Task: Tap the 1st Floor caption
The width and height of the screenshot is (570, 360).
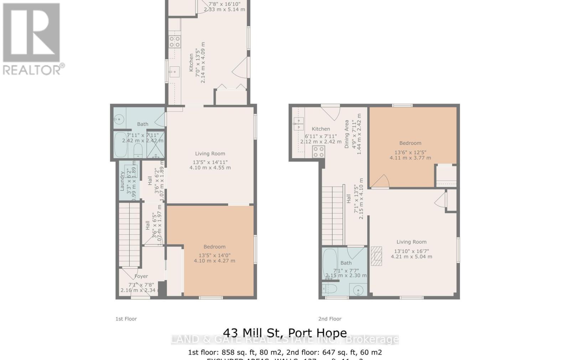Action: (126, 319)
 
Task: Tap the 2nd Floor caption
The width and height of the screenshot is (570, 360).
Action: (330, 319)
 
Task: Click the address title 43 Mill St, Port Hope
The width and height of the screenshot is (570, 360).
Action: (285, 333)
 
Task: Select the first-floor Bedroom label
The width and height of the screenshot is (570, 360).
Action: (214, 247)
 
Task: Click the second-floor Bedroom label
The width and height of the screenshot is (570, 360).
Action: (410, 143)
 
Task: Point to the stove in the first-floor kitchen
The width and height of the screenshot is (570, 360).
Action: (175, 42)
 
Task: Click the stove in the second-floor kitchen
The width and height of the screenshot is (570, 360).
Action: (318, 152)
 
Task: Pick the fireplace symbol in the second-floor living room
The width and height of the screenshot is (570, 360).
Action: (376, 256)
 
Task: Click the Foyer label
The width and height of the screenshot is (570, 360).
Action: (141, 276)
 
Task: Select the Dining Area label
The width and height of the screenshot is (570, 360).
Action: (347, 134)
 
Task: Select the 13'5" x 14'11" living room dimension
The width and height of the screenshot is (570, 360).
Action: (210, 162)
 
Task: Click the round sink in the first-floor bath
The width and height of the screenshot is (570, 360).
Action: (119, 120)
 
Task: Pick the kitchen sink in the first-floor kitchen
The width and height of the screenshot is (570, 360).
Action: (174, 72)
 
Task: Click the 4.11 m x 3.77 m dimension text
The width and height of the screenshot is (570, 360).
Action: (410, 158)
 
